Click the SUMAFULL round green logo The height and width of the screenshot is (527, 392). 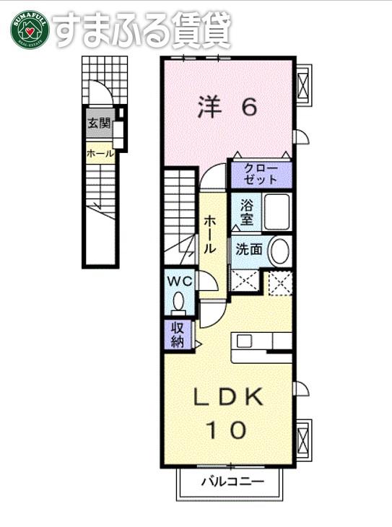[x=30, y=30]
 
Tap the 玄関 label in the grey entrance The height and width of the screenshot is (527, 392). [x=99, y=123]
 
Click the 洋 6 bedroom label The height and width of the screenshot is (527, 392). [x=227, y=108]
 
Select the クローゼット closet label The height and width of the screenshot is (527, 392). [x=261, y=174]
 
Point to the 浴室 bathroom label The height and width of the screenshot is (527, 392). [x=246, y=212]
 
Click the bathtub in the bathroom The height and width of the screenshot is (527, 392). [x=277, y=212]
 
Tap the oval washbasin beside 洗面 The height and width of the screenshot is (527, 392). [x=280, y=251]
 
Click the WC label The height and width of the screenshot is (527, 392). [x=180, y=282]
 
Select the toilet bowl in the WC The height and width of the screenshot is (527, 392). [x=178, y=301]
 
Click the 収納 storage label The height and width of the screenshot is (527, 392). [x=177, y=335]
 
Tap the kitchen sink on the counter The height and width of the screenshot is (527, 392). [x=244, y=341]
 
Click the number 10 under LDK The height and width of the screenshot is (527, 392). [x=226, y=430]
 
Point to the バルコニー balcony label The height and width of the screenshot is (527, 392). [x=232, y=482]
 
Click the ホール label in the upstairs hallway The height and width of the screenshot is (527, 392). [x=209, y=235]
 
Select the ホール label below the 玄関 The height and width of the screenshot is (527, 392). [x=100, y=154]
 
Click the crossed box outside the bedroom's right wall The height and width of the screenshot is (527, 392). [x=303, y=85]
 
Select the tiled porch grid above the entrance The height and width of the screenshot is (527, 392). [x=105, y=80]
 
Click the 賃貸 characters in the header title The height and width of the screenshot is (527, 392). [x=201, y=30]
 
